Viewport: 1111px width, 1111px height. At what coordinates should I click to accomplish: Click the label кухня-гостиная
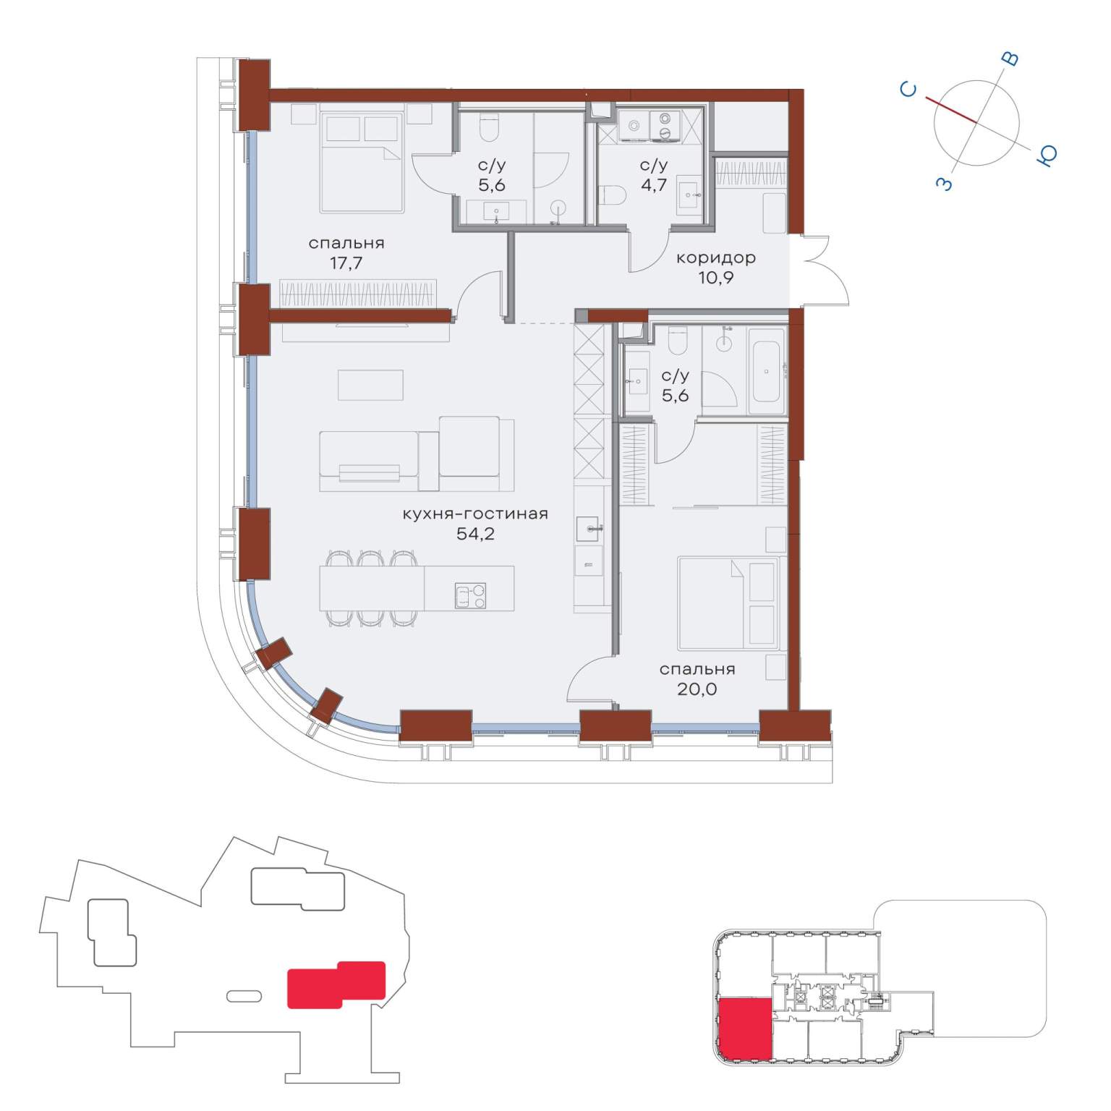pyautogui.click(x=475, y=514)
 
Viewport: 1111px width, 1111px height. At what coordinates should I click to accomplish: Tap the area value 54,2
pyautogui.click(x=475, y=535)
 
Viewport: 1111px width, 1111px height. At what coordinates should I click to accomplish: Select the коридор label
pyautogui.click(x=716, y=257)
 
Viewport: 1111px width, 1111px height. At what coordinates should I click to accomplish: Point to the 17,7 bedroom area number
pyautogui.click(x=346, y=263)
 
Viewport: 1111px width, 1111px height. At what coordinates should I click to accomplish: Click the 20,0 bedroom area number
pyautogui.click(x=697, y=689)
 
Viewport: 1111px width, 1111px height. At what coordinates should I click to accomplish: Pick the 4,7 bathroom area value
pyautogui.click(x=654, y=185)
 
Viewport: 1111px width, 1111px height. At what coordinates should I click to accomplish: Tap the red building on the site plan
pyautogui.click(x=336, y=984)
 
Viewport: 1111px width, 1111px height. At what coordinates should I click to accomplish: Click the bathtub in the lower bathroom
pyautogui.click(x=767, y=371)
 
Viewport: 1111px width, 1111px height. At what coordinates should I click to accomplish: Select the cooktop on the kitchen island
pyautogui.click(x=470, y=595)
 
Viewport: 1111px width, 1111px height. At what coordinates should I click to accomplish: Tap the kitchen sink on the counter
pyautogui.click(x=592, y=529)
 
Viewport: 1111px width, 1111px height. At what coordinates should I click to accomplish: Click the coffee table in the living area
pyautogui.click(x=370, y=385)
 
